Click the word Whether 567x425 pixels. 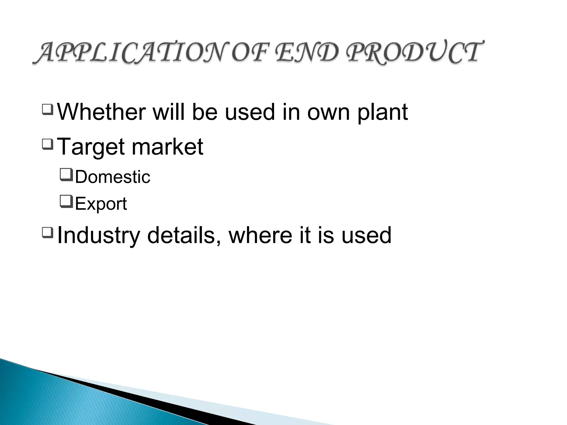pyautogui.click(x=101, y=112)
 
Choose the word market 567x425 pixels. pyautogui.click(x=167, y=146)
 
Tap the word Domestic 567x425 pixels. pyautogui.click(x=112, y=177)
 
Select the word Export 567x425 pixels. pyautogui.click(x=101, y=204)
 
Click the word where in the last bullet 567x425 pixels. pyautogui.click(x=260, y=235)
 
